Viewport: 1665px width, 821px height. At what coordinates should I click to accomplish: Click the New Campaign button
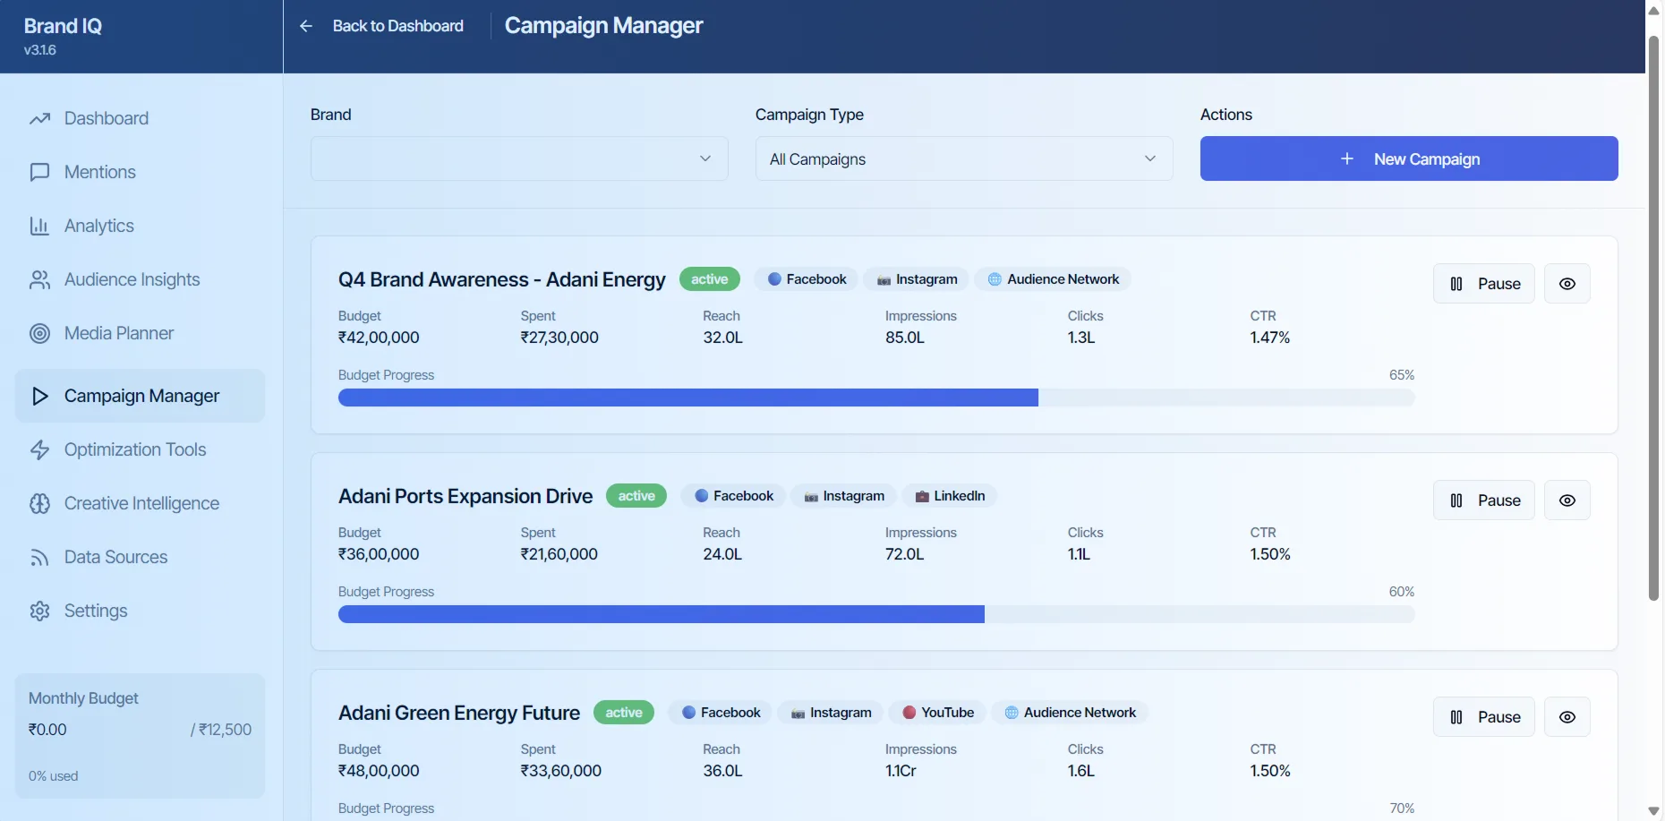1408,158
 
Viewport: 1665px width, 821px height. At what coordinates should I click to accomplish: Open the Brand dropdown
518,158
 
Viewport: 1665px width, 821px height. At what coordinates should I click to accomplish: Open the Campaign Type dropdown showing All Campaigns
963,158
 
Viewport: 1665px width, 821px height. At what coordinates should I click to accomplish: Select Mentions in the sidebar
99,172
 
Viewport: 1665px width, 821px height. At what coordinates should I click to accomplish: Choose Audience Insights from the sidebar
132,279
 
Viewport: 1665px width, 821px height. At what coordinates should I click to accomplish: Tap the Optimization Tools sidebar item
134,449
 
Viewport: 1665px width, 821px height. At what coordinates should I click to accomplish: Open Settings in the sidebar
95,611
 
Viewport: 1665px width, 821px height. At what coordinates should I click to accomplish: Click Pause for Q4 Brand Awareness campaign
1483,284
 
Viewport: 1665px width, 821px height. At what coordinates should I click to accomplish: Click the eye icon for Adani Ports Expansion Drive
1567,500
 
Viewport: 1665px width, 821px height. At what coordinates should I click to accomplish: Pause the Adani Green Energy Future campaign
1483,717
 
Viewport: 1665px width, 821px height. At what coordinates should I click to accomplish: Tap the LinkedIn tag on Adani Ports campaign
950,496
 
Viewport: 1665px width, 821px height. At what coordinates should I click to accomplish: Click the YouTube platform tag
938,713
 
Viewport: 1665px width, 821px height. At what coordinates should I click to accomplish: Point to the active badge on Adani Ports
636,496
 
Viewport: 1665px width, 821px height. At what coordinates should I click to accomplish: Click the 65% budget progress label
1401,375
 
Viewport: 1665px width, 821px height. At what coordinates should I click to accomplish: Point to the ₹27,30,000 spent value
559,338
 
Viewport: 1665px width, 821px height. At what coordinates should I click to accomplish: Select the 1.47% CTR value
1269,338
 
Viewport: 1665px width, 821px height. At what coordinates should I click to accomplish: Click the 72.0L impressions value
904,554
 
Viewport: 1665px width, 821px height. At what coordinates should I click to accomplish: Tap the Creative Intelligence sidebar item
141,503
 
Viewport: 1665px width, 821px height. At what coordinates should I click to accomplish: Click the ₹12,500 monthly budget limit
224,730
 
